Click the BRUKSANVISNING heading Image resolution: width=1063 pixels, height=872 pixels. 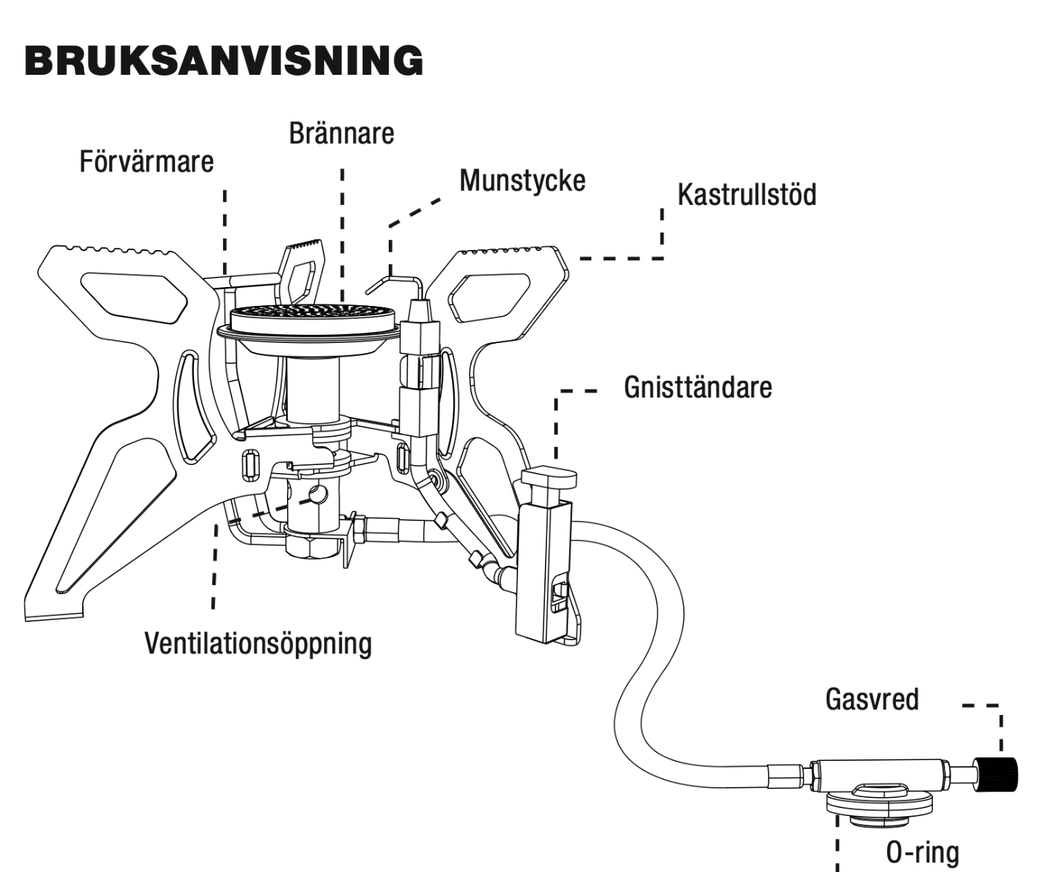click(223, 60)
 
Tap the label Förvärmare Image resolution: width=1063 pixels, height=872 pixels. click(146, 161)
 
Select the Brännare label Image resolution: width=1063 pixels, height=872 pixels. click(341, 134)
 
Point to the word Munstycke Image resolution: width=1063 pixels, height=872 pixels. click(522, 180)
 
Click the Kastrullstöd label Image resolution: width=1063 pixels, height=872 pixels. click(746, 195)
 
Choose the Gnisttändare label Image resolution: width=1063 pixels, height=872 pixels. click(698, 387)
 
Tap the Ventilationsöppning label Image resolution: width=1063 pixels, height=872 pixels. click(258, 643)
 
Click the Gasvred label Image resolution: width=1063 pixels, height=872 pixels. click(872, 699)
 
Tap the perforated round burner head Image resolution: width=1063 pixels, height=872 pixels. click(313, 318)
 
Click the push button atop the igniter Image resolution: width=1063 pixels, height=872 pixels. click(549, 478)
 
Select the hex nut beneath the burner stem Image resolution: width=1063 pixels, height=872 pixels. click(312, 546)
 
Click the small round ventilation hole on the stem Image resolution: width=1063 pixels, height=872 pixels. click(318, 495)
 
